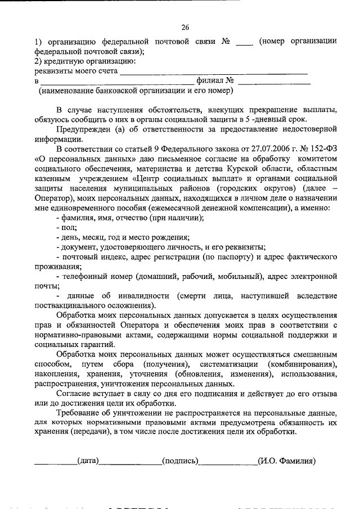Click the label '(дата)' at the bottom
pyautogui.click(x=88, y=461)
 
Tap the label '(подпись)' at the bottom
pyautogui.click(x=180, y=461)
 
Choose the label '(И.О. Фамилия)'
pyautogui.click(x=286, y=461)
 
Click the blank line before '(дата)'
pyautogui.click(x=56, y=463)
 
